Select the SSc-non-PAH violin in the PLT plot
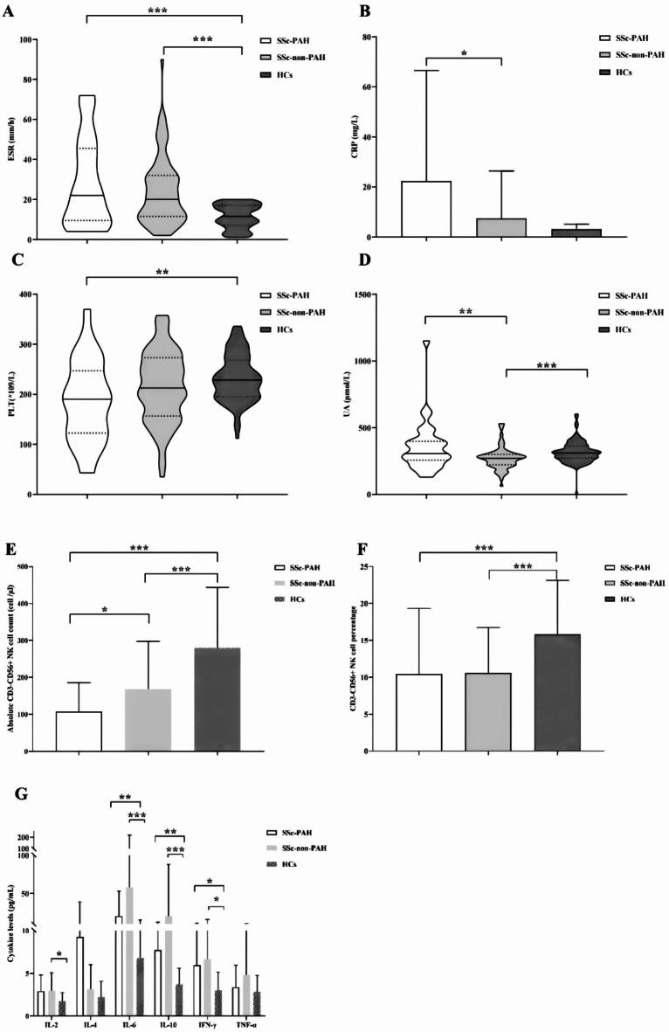pos(162,384)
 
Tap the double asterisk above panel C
pos(162,271)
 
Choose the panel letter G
pos(11,793)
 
